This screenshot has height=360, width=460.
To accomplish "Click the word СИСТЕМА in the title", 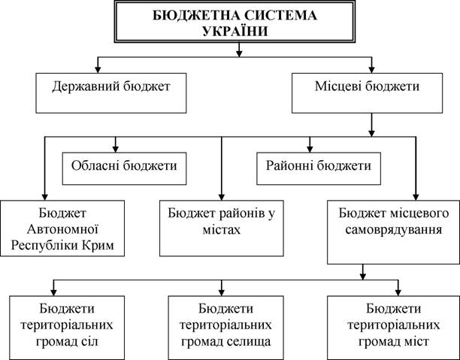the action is click(x=281, y=15).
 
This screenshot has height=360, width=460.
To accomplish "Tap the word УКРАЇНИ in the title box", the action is click(x=235, y=31).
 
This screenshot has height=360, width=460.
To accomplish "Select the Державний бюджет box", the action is click(x=111, y=93).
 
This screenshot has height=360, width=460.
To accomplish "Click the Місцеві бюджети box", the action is click(x=367, y=93).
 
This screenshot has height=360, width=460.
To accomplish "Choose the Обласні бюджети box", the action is click(x=124, y=168).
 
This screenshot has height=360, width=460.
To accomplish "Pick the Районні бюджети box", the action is click(x=319, y=168).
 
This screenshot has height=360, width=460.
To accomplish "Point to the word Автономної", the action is click(x=62, y=229).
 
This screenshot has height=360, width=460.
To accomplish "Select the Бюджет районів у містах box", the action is click(x=222, y=228).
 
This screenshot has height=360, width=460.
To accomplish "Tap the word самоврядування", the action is click(x=393, y=229).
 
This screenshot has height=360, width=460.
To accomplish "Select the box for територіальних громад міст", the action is click(x=393, y=328).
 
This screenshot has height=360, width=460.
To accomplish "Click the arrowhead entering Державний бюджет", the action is click(x=98, y=70).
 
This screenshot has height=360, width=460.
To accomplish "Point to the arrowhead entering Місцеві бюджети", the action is click(x=372, y=70).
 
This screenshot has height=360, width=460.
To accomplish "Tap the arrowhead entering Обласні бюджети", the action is click(x=115, y=149).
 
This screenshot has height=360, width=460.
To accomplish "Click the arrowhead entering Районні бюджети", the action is click(x=310, y=149).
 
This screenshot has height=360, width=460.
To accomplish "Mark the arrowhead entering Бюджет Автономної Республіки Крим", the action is click(x=44, y=197).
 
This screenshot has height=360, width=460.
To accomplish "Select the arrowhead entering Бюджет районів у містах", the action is click(x=222, y=197).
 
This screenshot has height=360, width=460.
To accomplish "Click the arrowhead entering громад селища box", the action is click(x=222, y=292).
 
